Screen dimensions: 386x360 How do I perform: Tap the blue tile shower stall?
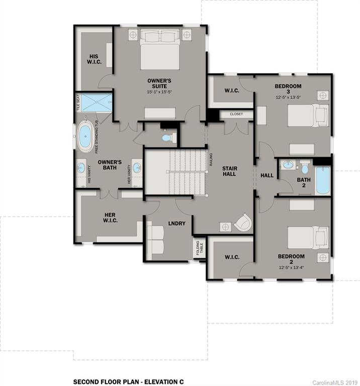point(97,104)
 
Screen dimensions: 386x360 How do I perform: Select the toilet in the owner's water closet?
point(166,137)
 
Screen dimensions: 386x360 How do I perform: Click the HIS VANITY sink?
point(81,168)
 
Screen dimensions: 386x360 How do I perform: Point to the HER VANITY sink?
point(137,168)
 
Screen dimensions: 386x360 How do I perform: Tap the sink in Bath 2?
point(288,164)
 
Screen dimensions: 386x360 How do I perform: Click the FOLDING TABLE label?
point(199,248)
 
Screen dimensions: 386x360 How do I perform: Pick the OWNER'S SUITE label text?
point(159,83)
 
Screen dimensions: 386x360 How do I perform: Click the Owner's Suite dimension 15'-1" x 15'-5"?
point(159,92)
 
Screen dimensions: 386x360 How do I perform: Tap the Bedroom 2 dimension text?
point(291,266)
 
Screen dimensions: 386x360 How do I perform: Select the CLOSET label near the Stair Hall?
point(236,114)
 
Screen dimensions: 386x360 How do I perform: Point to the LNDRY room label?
point(177,223)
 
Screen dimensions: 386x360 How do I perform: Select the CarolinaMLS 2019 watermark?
point(335,382)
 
